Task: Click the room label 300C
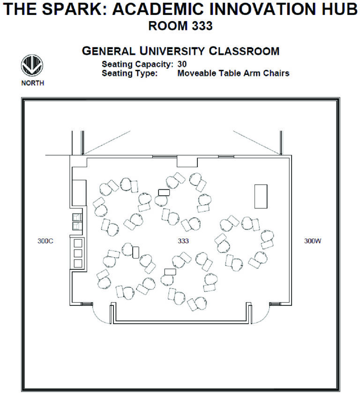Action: click(45, 241)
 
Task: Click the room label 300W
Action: click(313, 241)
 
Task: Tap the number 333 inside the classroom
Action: click(183, 241)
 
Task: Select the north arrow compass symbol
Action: click(32, 67)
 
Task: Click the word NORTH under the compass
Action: click(33, 84)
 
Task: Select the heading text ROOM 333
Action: click(180, 27)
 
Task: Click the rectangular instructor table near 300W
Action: click(261, 196)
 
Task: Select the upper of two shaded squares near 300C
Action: click(76, 217)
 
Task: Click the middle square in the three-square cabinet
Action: click(78, 253)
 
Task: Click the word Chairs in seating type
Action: click(277, 73)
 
